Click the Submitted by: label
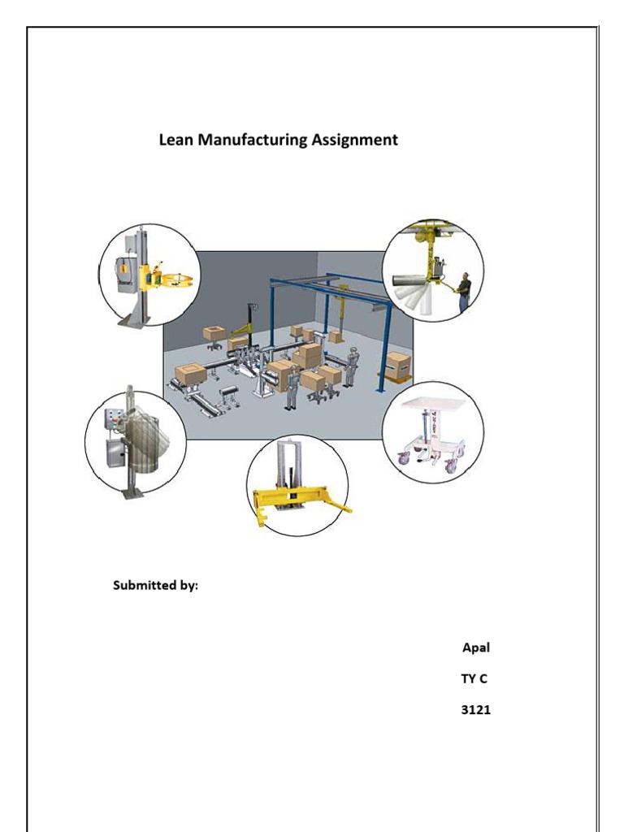[x=154, y=585]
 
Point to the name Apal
[x=475, y=648]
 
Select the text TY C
[x=474, y=679]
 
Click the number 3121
[x=475, y=710]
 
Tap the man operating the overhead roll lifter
[x=463, y=292]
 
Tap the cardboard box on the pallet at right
[x=398, y=365]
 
